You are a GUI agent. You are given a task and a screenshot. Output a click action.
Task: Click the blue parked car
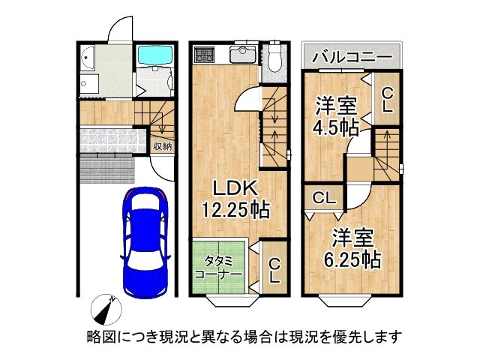(x=145, y=241)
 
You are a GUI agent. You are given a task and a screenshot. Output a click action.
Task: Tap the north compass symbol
(x=106, y=310)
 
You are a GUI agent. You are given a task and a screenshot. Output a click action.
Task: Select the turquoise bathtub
(x=155, y=55)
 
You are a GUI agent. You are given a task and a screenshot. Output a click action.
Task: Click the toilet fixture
(x=274, y=58)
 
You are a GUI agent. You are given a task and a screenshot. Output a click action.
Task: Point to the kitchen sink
(x=243, y=55)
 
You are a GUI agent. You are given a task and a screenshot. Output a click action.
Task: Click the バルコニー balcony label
(x=352, y=57)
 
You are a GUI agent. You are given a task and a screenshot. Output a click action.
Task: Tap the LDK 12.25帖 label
(x=235, y=199)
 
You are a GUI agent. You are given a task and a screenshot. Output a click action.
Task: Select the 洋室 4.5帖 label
(x=336, y=116)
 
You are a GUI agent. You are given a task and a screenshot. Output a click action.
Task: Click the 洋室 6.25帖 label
(x=352, y=248)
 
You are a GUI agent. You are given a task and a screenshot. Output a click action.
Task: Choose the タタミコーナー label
(x=218, y=267)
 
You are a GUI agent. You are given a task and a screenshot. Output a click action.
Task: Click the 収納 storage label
(x=162, y=147)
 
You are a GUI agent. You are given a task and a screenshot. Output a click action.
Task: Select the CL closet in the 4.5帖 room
(x=387, y=100)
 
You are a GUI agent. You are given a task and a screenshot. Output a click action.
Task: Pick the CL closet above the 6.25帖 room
(x=324, y=198)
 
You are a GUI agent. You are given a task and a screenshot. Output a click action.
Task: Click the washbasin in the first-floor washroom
(x=87, y=57)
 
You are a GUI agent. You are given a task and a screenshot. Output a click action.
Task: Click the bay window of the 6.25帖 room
(x=345, y=301)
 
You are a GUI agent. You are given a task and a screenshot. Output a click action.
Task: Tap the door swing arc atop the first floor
(x=120, y=28)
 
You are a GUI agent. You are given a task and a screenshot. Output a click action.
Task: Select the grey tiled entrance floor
(x=112, y=140)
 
